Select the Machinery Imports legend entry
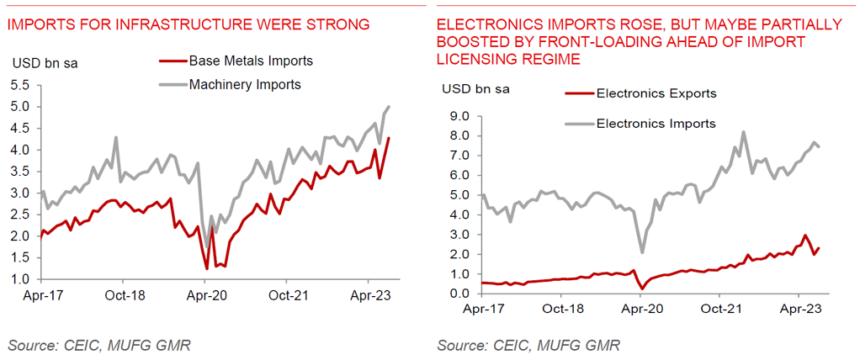[x=245, y=84]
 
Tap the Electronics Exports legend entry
[x=656, y=93]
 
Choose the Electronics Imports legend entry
[x=656, y=124]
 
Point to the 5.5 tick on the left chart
[x=21, y=86]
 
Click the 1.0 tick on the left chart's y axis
[x=21, y=279]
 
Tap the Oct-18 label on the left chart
[x=123, y=296]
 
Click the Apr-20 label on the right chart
[x=640, y=310]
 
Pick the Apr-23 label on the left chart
[x=368, y=296]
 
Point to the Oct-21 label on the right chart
[x=719, y=310]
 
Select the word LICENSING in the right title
[x=472, y=60]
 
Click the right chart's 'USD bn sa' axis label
[x=475, y=87]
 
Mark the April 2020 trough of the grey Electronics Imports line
[x=642, y=252]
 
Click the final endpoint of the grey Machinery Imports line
[x=390, y=106]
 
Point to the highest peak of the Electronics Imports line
[x=743, y=131]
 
